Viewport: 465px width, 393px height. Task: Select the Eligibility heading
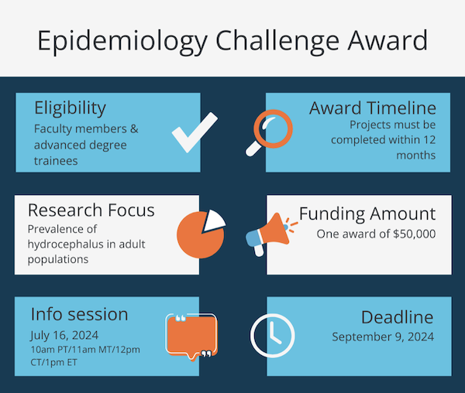pyautogui.click(x=70, y=108)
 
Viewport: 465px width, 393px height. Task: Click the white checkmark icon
pyautogui.click(x=194, y=132)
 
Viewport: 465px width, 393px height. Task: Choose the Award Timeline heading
pyautogui.click(x=372, y=108)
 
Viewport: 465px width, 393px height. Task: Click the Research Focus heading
pyautogui.click(x=91, y=210)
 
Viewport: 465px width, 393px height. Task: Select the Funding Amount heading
pyautogui.click(x=367, y=214)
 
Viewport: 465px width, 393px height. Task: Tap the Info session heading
pyautogui.click(x=79, y=314)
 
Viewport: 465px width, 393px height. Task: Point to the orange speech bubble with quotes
pyautogui.click(x=189, y=337)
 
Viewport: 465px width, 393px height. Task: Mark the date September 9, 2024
pyautogui.click(x=383, y=337)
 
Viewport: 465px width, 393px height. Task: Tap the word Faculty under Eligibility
pyautogui.click(x=53, y=128)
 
